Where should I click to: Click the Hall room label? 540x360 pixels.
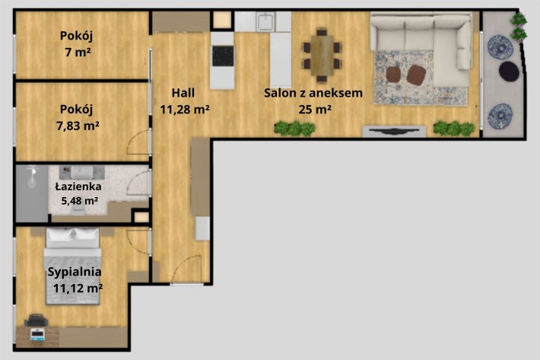pyautogui.click(x=183, y=93)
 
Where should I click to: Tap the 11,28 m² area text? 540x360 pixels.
pyautogui.click(x=185, y=109)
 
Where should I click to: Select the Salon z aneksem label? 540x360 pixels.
pyautogui.click(x=313, y=93)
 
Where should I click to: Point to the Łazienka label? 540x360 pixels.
pyautogui.click(x=78, y=186)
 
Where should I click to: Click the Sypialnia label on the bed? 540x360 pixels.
pyautogui.click(x=75, y=272)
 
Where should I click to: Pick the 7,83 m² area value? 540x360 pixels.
pyautogui.click(x=78, y=126)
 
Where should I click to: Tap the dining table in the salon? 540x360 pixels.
pyautogui.click(x=322, y=56)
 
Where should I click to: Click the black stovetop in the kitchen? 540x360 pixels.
pyautogui.click(x=223, y=56)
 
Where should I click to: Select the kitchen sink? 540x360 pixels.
pyautogui.click(x=265, y=22)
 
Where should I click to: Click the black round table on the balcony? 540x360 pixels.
pyautogui.click(x=509, y=71)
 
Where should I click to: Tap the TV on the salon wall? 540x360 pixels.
pyautogui.click(x=394, y=131)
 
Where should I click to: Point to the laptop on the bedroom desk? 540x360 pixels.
pyautogui.click(x=37, y=335)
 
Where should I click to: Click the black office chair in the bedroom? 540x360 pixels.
pyautogui.click(x=36, y=320)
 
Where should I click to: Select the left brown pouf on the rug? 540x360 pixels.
pyautogui.click(x=393, y=75)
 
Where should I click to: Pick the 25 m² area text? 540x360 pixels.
pyautogui.click(x=315, y=109)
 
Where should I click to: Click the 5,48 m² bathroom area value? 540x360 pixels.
pyautogui.click(x=80, y=200)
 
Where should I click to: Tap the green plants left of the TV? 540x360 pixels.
pyautogui.click(x=295, y=128)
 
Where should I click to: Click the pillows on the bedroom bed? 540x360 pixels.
pyautogui.click(x=73, y=234)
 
